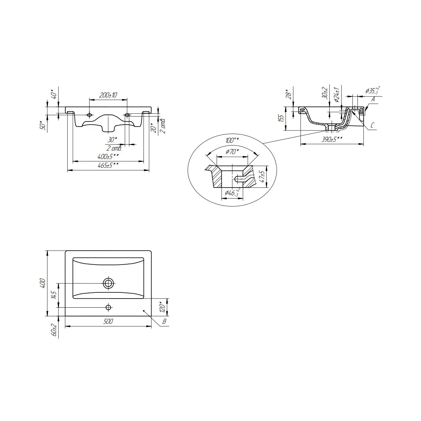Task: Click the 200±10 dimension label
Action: coord(108,95)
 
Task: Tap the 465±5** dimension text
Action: coord(108,165)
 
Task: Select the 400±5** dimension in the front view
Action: coord(108,156)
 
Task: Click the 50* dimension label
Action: coord(43,125)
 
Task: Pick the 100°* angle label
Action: coord(232,140)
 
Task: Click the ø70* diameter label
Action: coord(232,151)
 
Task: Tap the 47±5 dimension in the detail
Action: coord(262,176)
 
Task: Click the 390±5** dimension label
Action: coord(332,139)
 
